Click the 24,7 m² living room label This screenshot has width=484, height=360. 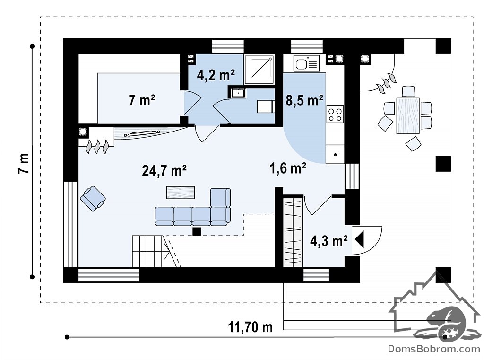coord(164,170)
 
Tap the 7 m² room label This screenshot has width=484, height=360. coord(142,100)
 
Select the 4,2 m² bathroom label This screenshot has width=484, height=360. coord(216,75)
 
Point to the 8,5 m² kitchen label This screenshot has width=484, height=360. coord(304,100)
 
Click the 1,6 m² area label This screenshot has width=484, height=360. coord(288,168)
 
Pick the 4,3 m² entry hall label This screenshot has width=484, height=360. coord(329,241)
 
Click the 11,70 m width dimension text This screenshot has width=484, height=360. coord(251,327)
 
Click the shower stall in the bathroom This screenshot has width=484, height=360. coord(259,70)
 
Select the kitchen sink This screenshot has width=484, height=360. coord(306,63)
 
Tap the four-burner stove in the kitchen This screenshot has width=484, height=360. coord(335,114)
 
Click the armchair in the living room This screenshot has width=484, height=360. coord(93,198)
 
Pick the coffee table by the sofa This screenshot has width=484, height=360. coord(181,193)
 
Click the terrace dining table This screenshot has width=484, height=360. coord(408,115)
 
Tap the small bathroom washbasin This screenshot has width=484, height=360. coord(238,93)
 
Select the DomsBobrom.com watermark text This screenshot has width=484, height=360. coord(434,349)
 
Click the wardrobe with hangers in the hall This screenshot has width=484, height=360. coord(293,232)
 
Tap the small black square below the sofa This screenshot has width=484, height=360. coord(197,231)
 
